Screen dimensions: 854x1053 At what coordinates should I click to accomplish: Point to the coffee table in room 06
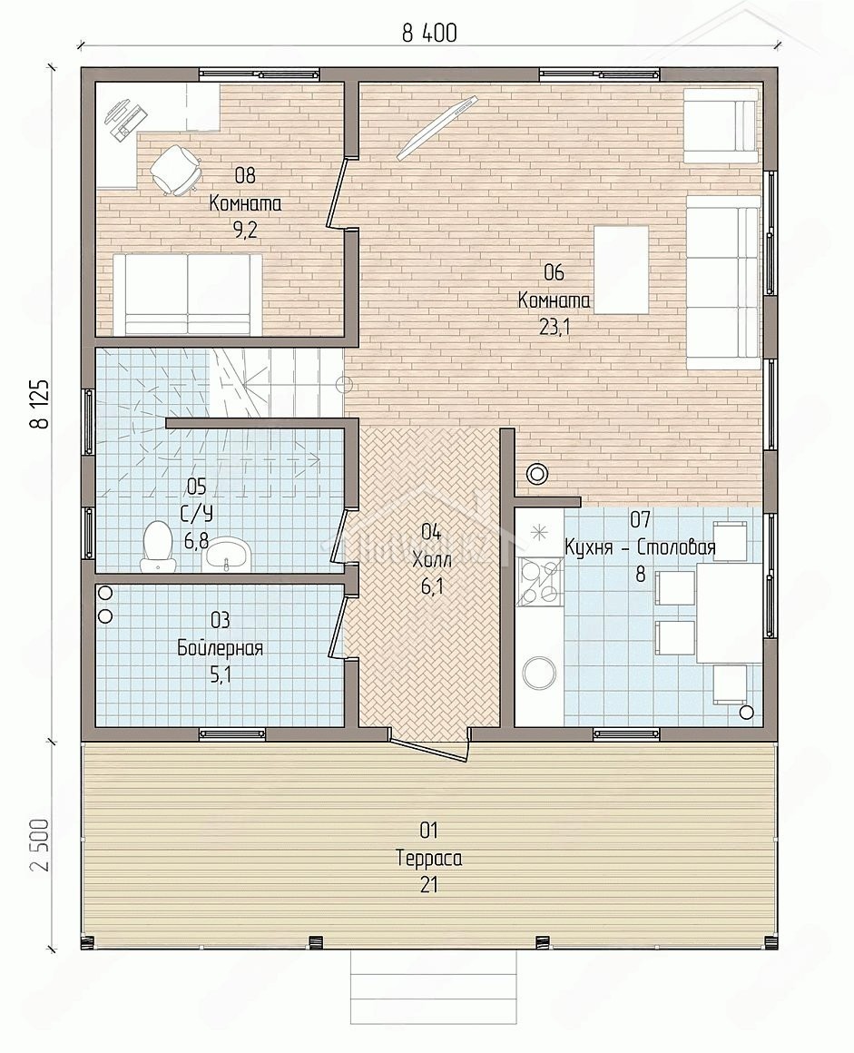pyautogui.click(x=621, y=270)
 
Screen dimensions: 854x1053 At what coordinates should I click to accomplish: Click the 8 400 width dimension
pyautogui.click(x=429, y=33)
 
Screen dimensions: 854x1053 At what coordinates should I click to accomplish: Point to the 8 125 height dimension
pyautogui.click(x=39, y=404)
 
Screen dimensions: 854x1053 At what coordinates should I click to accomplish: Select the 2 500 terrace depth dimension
pyautogui.click(x=39, y=844)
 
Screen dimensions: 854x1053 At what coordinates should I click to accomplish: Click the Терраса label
pyautogui.click(x=429, y=858)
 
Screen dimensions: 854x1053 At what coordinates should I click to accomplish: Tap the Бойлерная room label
pyautogui.click(x=220, y=648)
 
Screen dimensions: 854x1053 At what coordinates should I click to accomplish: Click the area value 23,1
pyautogui.click(x=554, y=327)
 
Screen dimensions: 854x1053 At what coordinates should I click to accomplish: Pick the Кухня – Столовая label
pyautogui.click(x=640, y=547)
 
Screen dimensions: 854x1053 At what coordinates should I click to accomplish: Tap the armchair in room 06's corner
pyautogui.click(x=721, y=127)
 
